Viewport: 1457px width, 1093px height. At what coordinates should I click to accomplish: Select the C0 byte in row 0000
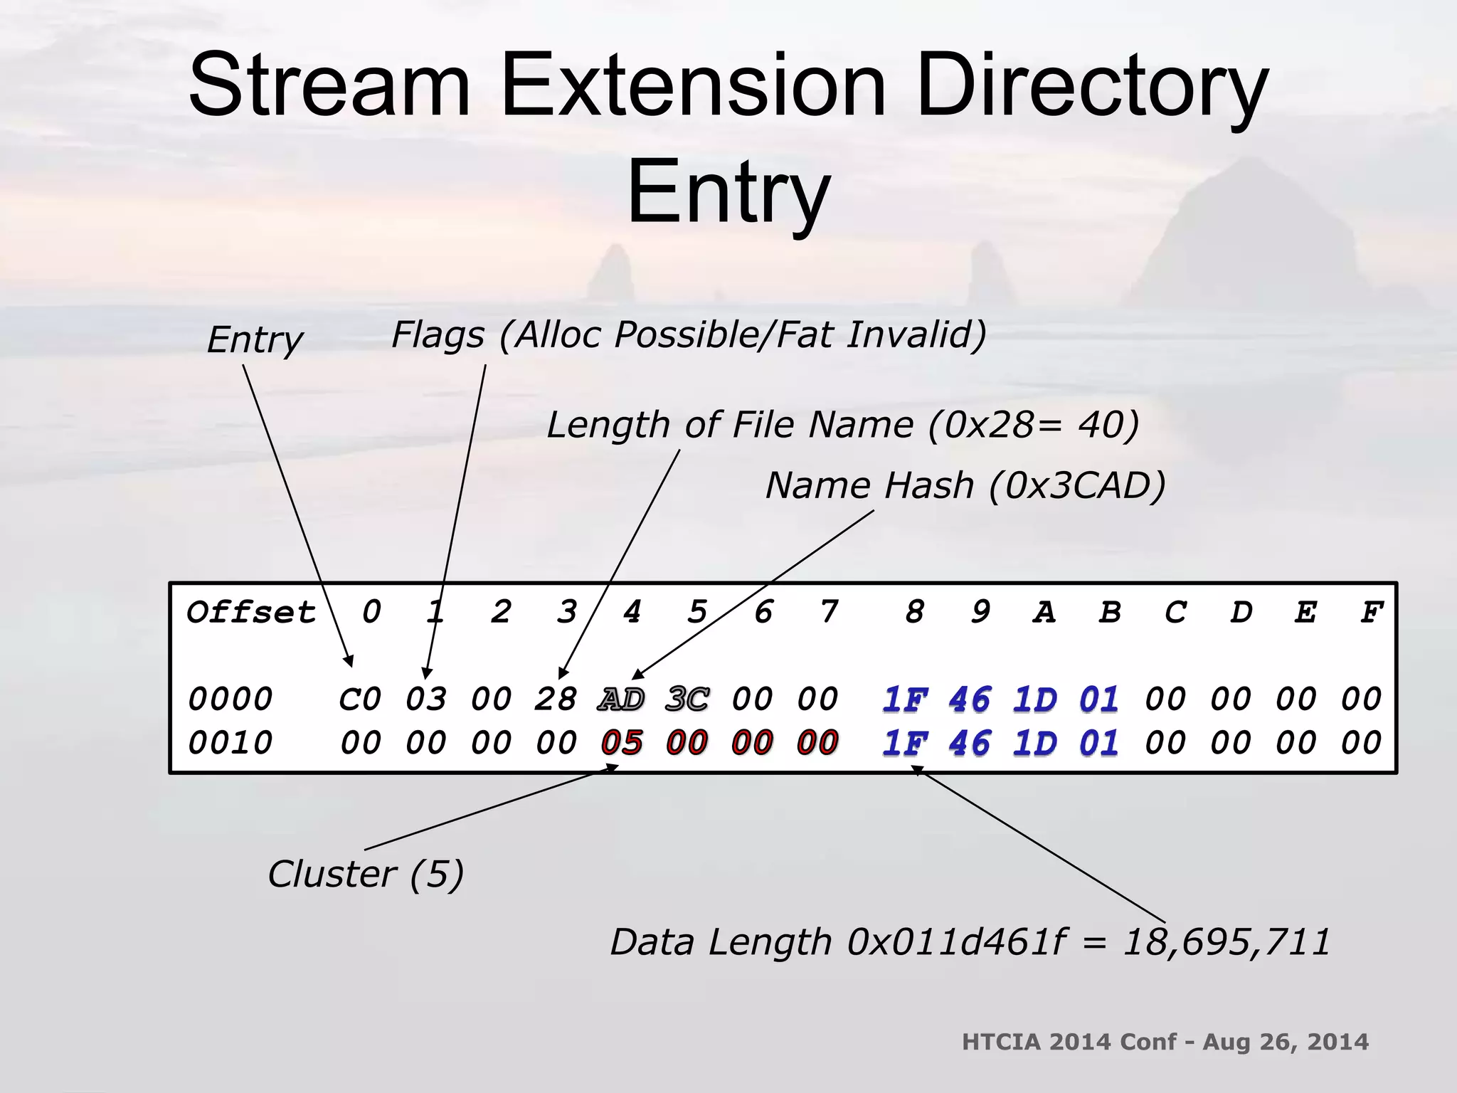pos(360,699)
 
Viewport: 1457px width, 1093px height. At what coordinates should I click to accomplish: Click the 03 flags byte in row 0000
pos(425,699)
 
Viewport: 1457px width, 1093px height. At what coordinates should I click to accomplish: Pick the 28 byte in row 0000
pos(555,699)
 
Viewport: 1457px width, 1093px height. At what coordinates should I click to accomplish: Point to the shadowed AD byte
pos(621,699)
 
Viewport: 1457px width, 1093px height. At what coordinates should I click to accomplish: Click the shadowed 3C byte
pos(687,699)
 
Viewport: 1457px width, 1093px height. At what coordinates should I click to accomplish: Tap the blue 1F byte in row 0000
pos(905,699)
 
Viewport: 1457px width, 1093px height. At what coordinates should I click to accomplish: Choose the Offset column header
pos(250,613)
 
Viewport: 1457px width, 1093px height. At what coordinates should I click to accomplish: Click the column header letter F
pos(1371,613)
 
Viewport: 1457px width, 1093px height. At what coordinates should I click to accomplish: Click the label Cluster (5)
pos(366,874)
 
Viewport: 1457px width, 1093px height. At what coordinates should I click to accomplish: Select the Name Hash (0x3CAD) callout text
pos(965,486)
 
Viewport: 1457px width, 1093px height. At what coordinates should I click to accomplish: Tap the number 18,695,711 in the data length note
pos(1226,942)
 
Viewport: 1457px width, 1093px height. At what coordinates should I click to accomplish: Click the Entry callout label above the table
pos(255,339)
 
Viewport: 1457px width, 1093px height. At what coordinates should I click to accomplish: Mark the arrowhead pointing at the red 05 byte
pos(613,767)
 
